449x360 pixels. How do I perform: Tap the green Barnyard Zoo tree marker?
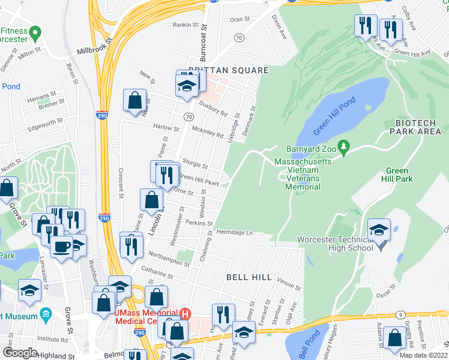pos(343,146)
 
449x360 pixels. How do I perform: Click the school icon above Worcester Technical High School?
pos(379,230)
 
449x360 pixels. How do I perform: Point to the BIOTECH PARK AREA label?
pos(418,127)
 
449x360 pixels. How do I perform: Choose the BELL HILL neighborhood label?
pos(249,278)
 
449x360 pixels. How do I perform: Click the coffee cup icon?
pos(61,247)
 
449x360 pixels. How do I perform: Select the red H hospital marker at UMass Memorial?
pos(185,313)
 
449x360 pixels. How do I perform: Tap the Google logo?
pos(20,353)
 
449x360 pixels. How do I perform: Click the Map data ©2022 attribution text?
pos(423,355)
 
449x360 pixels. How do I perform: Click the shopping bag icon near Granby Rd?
pos(395,339)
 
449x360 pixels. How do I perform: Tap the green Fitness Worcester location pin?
pos(35,31)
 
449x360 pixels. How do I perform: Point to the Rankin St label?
pos(185,25)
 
